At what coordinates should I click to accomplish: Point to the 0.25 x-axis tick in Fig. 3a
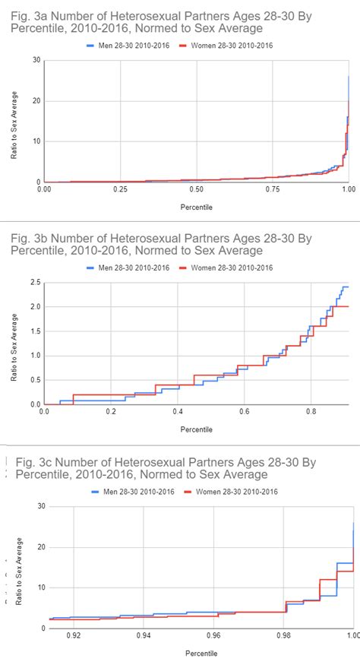tap(120, 188)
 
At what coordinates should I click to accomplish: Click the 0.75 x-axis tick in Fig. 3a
tap(273, 188)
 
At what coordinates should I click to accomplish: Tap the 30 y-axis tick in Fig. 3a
tap(36, 60)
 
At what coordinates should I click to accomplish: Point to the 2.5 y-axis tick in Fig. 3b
tap(34, 283)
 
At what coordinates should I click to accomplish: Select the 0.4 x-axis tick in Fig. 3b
tap(177, 410)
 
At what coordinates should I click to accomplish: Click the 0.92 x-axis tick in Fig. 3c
tap(74, 634)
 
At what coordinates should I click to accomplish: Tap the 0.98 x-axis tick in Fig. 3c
tap(283, 634)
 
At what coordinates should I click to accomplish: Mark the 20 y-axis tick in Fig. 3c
tap(39, 547)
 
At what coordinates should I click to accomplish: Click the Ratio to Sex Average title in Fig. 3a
tap(14, 122)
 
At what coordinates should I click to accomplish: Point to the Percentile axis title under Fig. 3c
tap(201, 653)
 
